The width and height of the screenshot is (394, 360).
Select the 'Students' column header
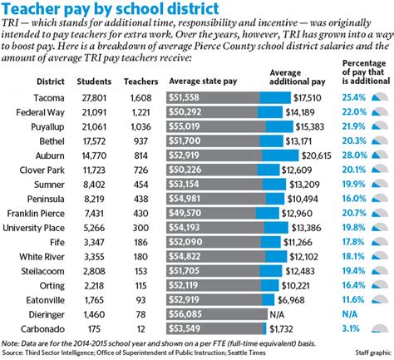click(94, 82)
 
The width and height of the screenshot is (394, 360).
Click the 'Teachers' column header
click(136, 82)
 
